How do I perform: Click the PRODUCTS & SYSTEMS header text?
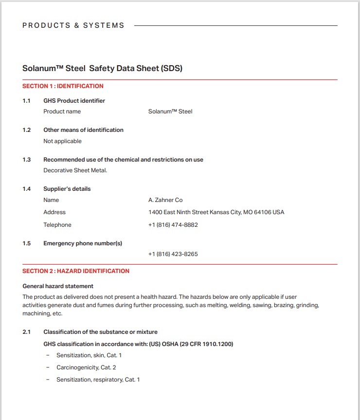pos(73,25)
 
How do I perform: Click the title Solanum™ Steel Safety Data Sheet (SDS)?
pos(102,69)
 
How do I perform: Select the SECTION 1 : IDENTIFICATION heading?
pos(63,86)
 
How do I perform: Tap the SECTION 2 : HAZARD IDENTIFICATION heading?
pos(76,271)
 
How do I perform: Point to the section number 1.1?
pos(27,101)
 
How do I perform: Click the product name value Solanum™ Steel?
pos(170,111)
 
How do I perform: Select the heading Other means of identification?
pos(83,130)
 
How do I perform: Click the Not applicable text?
pos(62,141)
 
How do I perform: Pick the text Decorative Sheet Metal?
pos(75,170)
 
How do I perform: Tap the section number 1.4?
pos(27,189)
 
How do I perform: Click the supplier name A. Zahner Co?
pos(165,200)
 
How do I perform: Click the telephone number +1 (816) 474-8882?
pos(173,225)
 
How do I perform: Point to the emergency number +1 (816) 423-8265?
pos(173,254)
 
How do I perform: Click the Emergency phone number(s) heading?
pos(83,243)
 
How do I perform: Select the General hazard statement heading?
pos(58,286)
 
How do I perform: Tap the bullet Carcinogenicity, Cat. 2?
pos(86,367)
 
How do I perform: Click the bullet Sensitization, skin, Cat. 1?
pos(89,355)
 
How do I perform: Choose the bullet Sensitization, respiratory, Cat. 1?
pos(98,380)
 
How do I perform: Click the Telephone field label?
pos(57,225)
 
